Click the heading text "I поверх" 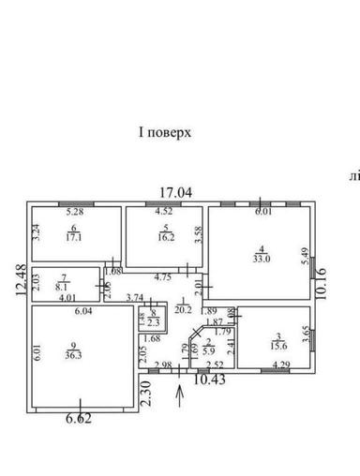164,133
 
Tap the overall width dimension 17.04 175,192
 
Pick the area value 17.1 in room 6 76,238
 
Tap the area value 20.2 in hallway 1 184,308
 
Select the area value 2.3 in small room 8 155,322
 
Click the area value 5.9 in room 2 210,351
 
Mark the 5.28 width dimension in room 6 75,212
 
